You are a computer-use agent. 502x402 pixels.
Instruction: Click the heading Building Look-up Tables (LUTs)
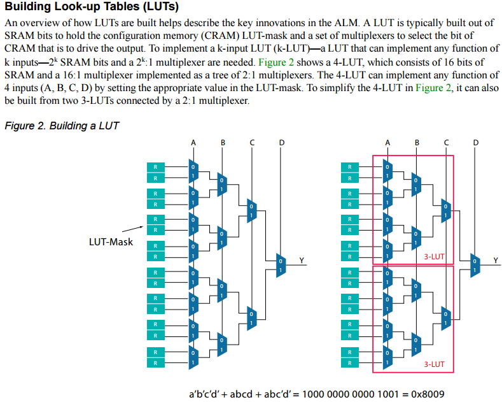click(92, 8)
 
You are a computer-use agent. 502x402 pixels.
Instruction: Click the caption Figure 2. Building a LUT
click(61, 126)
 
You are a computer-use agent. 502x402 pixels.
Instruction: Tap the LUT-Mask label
click(111, 242)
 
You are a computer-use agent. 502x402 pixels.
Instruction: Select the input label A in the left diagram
click(193, 142)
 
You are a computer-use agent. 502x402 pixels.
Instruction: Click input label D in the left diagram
click(281, 142)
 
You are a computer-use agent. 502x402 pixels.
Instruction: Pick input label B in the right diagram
click(417, 142)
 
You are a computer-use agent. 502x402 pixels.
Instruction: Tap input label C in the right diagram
click(446, 142)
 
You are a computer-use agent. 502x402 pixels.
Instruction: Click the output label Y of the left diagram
click(302, 259)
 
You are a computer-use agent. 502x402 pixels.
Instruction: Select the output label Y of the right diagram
click(496, 259)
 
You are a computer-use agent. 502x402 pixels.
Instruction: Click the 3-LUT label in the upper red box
click(434, 257)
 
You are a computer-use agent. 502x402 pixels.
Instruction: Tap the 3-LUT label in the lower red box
click(434, 364)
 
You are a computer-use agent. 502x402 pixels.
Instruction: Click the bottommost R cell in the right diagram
click(349, 363)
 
